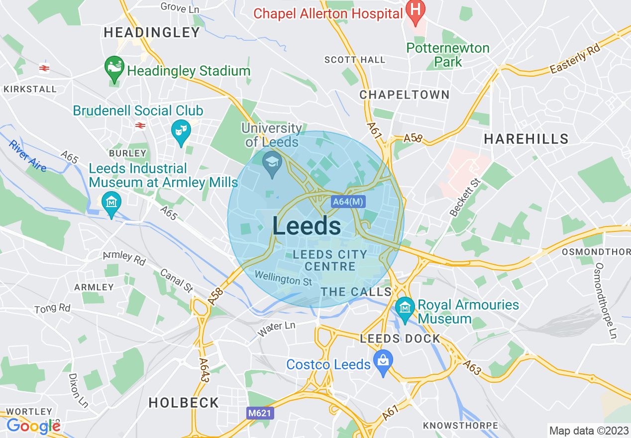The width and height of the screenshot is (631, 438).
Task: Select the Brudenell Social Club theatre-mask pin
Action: pyautogui.click(x=181, y=133)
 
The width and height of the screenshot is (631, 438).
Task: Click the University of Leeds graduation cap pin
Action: pyautogui.click(x=272, y=165)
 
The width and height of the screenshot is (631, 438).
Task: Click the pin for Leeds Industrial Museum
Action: pyautogui.click(x=111, y=204)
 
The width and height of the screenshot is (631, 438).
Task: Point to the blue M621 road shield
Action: pyautogui.click(x=260, y=413)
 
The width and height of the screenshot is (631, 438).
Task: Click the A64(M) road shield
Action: pyautogui.click(x=348, y=202)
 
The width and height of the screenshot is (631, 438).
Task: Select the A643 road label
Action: pyautogui.click(x=204, y=370)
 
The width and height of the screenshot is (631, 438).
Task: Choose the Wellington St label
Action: pyautogui.click(x=283, y=278)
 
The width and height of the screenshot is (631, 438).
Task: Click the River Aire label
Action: pyautogui.click(x=27, y=156)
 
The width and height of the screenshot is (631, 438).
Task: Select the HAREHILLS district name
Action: pyautogui.click(x=526, y=139)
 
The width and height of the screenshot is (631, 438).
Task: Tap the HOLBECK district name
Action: pyautogui.click(x=184, y=403)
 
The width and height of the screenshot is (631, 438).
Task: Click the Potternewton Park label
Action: pyautogui.click(x=448, y=55)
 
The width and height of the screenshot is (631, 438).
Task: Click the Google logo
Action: pyautogui.click(x=33, y=426)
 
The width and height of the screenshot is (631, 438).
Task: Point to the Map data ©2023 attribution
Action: pyautogui.click(x=589, y=431)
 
